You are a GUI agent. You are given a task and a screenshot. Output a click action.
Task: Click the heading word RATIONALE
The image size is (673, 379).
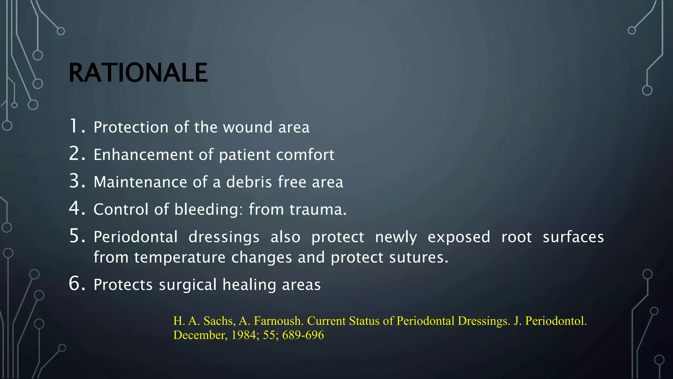point(138,73)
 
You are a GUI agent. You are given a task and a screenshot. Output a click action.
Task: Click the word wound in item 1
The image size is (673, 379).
point(248,127)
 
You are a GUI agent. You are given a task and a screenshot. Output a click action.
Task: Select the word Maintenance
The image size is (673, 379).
point(140,182)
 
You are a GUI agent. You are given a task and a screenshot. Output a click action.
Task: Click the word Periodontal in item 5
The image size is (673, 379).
point(135,237)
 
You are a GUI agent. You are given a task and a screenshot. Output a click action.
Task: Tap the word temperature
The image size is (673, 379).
point(180,257)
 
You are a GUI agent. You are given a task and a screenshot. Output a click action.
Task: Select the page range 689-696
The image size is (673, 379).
point(303,335)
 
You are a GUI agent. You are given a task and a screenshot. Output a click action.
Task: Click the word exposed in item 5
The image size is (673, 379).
point(459,237)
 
